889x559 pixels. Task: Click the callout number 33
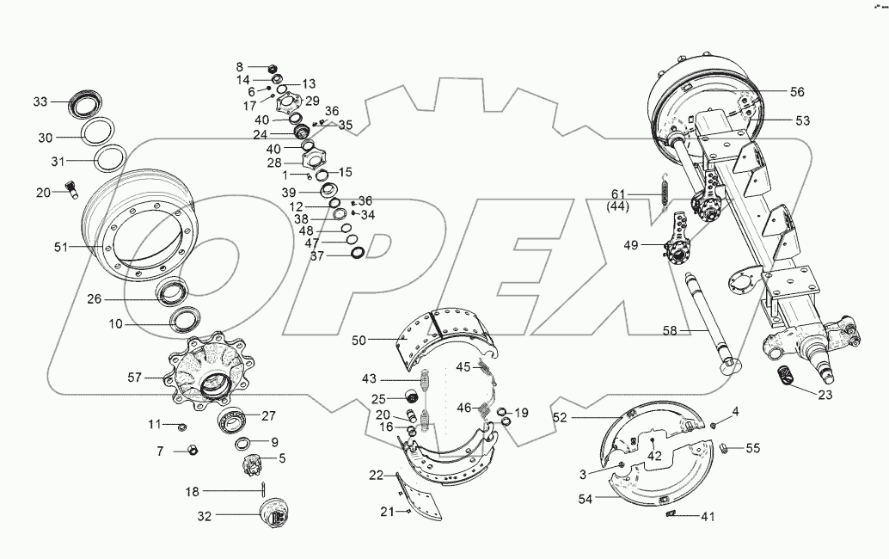tap(40, 101)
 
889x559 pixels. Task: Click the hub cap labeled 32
tap(276, 515)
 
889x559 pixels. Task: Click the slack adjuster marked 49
tap(679, 248)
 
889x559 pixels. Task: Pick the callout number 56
tap(797, 91)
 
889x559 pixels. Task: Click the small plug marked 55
tap(724, 447)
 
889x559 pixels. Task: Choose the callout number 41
tap(706, 516)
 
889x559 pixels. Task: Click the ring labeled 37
tap(358, 252)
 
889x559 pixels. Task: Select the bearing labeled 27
tap(232, 421)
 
